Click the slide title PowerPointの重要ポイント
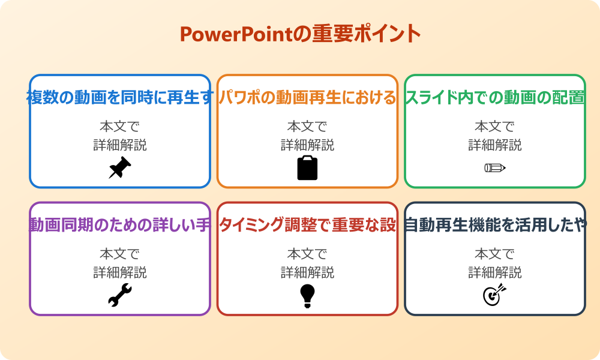tap(300, 34)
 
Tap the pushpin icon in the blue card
tap(120, 168)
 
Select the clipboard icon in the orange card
tap(307, 168)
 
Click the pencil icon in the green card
tap(495, 167)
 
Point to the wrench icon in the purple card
tap(120, 295)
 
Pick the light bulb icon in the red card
tap(307, 295)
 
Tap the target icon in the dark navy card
tap(495, 295)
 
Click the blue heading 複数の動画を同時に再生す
tap(120, 97)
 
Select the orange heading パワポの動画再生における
tap(307, 97)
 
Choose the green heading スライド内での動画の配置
tap(495, 97)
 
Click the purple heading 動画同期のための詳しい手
tap(120, 225)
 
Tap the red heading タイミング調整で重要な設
tap(307, 225)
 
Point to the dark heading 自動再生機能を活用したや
tap(495, 225)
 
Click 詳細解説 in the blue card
tap(120, 145)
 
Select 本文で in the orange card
tap(307, 127)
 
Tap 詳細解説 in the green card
tap(495, 145)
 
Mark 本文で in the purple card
tap(120, 254)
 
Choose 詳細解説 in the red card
tap(307, 272)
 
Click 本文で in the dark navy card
tap(495, 254)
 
